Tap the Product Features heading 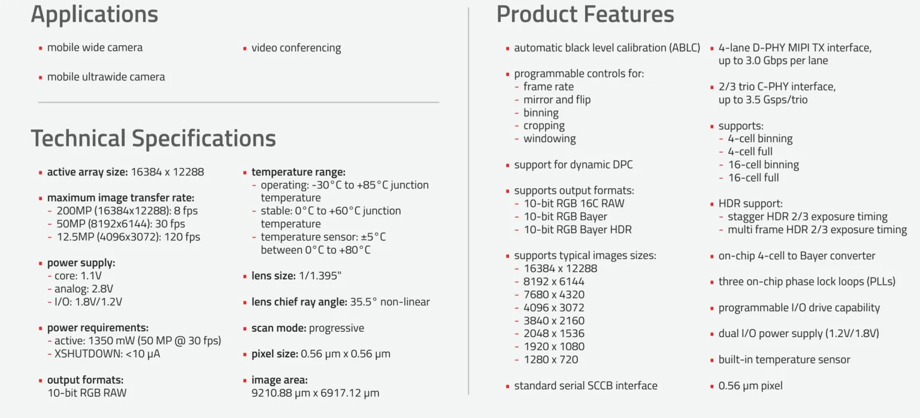[x=585, y=14]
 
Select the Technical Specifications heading [x=153, y=139]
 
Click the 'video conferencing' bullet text [x=296, y=48]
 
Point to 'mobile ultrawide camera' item [x=106, y=77]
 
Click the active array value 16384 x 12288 [x=168, y=172]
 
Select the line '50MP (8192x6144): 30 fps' [x=121, y=224]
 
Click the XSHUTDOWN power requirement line [x=107, y=353]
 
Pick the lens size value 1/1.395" [x=320, y=275]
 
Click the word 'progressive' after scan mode [x=337, y=328]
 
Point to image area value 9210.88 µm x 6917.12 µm [x=315, y=393]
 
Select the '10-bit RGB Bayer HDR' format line [x=577, y=229]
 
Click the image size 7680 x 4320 [x=553, y=294]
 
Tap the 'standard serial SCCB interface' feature [x=586, y=386]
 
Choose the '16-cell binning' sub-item [x=764, y=164]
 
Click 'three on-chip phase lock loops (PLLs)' [x=807, y=281]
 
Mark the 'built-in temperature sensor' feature [x=784, y=359]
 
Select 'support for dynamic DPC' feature [x=573, y=164]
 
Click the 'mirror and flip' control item [x=557, y=100]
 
